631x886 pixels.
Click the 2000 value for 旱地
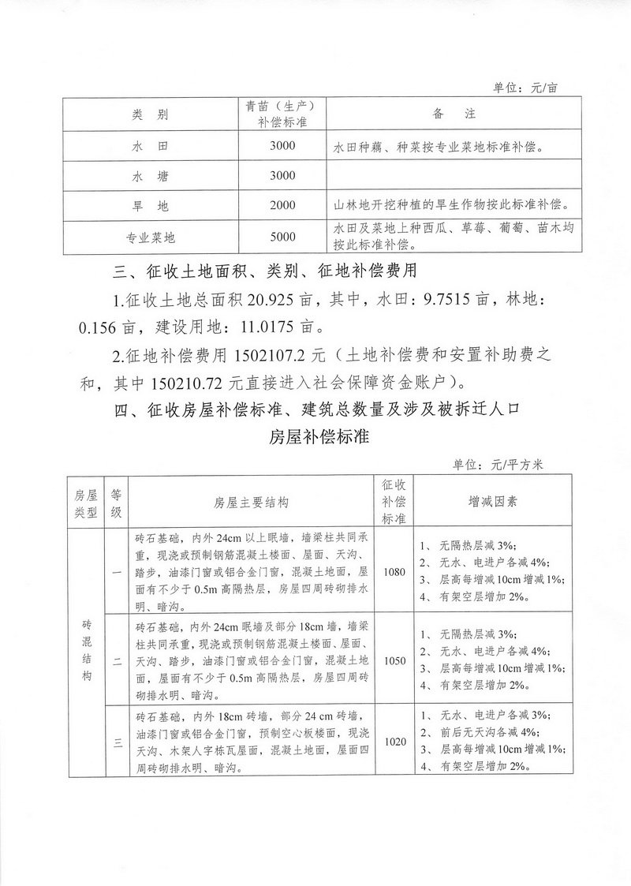pyautogui.click(x=282, y=206)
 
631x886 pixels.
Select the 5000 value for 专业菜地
pyautogui.click(x=282, y=237)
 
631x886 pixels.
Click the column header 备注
pyautogui.click(x=454, y=115)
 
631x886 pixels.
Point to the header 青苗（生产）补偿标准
pyautogui.click(x=282, y=115)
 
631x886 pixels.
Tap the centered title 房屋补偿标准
pyautogui.click(x=315, y=436)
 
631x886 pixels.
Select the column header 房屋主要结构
pyautogui.click(x=251, y=502)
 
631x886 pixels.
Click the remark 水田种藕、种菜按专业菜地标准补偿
pyautogui.click(x=439, y=147)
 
